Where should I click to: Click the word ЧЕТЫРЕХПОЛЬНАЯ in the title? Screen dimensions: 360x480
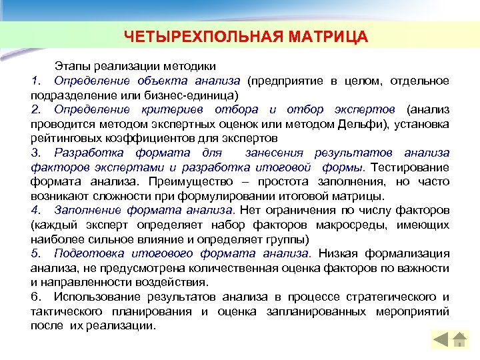point(195,35)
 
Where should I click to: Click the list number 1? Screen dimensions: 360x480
point(35,81)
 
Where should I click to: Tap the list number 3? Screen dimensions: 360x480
point(35,153)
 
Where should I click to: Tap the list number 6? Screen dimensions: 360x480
point(35,297)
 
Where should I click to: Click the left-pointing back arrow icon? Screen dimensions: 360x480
point(441,339)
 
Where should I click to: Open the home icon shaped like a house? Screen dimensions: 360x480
point(459,339)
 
